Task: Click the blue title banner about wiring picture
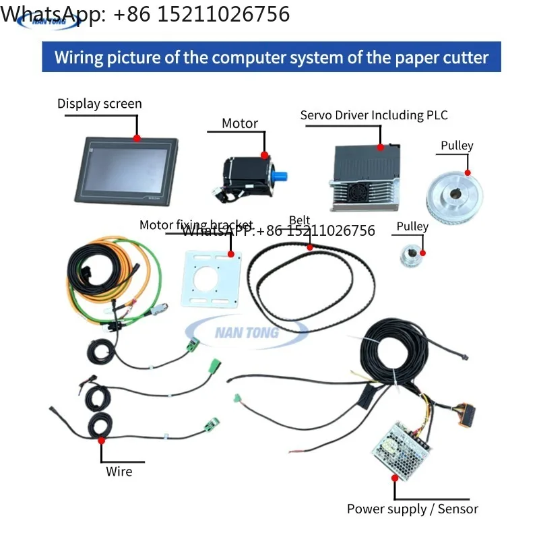coord(271,57)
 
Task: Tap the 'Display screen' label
coord(100,104)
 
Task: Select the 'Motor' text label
coord(240,123)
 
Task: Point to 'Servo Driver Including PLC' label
coord(373,115)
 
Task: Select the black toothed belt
coord(310,283)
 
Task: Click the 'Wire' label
coord(119,472)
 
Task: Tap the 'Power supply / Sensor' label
coord(412,509)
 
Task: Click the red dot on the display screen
coord(137,137)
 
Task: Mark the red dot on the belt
coord(310,247)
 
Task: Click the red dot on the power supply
coord(395,478)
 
